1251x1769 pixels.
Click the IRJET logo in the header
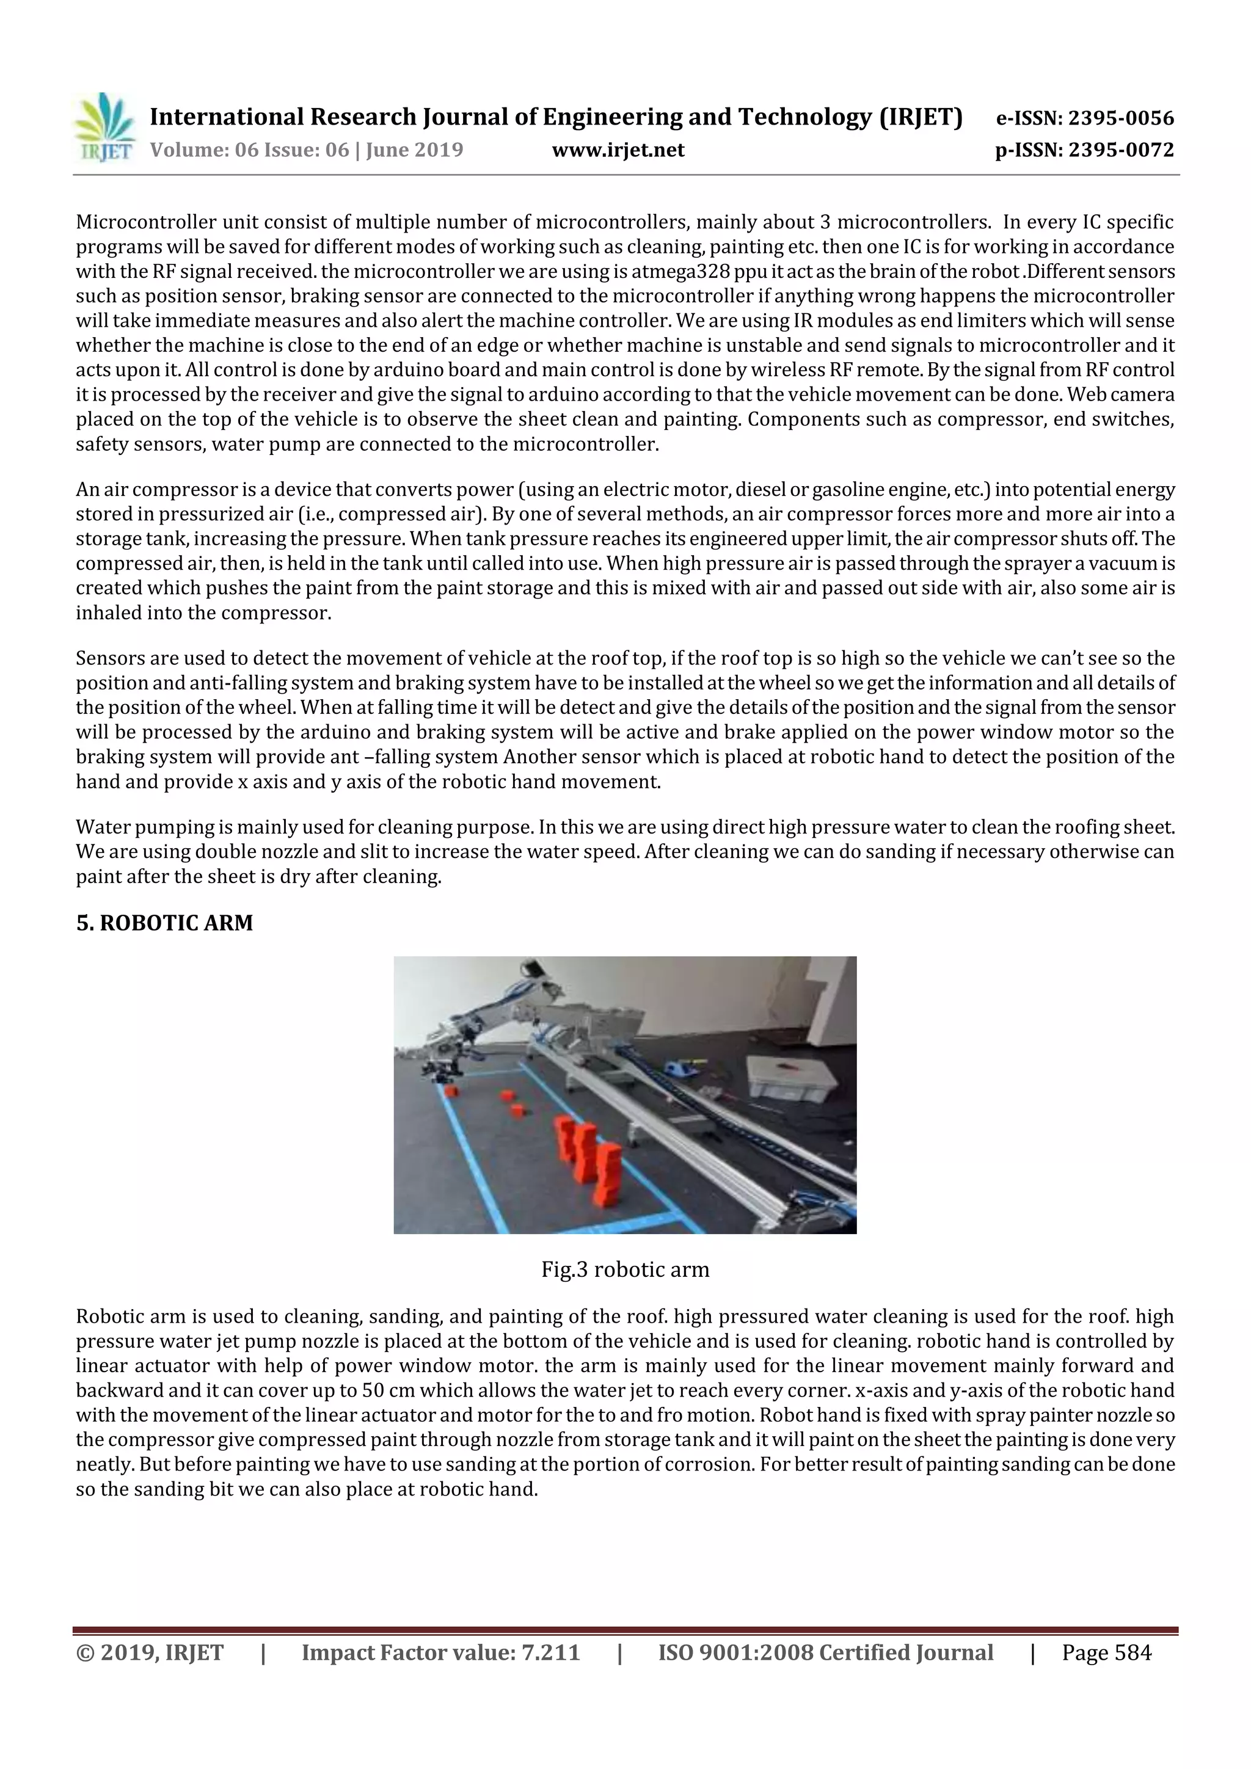tap(104, 128)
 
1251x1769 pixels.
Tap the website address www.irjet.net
tap(618, 150)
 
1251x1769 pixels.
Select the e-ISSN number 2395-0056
tap(1121, 118)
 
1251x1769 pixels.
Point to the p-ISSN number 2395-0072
tap(1121, 150)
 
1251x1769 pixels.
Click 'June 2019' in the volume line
tap(414, 150)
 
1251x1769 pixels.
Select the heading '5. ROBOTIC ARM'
tap(164, 923)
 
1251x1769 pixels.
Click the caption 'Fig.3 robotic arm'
tap(625, 1269)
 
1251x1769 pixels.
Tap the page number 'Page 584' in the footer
tap(1106, 1652)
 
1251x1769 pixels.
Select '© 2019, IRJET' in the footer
tap(150, 1652)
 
